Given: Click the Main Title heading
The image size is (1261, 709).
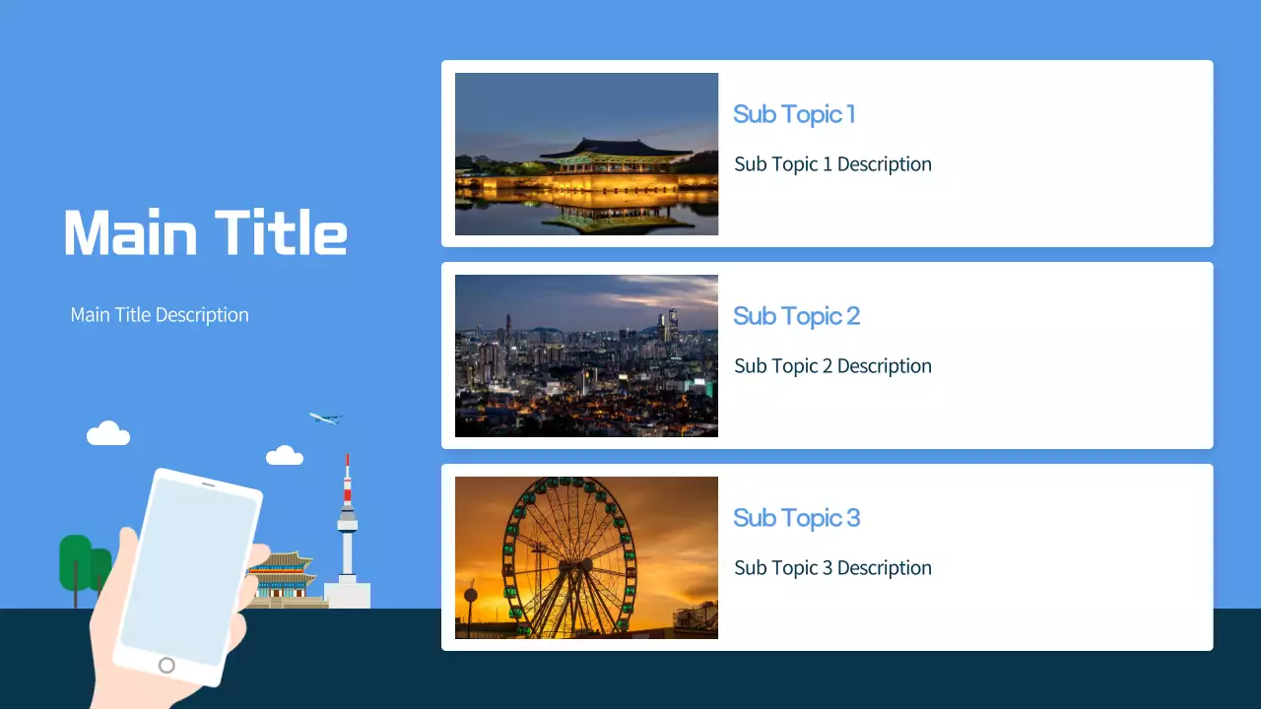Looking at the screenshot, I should tap(205, 233).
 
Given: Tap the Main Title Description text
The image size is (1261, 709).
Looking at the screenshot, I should tap(160, 315).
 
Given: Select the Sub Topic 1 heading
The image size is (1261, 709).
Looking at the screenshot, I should tap(794, 114).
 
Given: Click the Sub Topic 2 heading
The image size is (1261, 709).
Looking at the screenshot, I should tap(796, 316).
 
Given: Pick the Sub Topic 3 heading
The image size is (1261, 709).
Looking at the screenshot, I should tap(796, 518).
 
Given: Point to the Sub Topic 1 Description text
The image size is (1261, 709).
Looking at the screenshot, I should tap(832, 164).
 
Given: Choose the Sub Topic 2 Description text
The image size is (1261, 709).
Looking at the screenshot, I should tap(832, 366).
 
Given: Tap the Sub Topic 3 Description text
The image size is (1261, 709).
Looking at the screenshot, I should tap(832, 568).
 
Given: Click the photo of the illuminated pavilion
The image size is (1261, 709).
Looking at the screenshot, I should tap(586, 154).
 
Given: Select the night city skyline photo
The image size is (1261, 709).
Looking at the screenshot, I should tap(586, 355).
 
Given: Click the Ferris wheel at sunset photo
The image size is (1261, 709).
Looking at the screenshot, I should tap(586, 557).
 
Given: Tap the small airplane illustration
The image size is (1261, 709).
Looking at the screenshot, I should tap(325, 419).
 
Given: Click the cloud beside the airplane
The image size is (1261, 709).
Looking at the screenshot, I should tap(285, 456).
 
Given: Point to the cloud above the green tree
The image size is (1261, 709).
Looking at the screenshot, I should tap(108, 433).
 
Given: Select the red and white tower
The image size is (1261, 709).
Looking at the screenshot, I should tap(347, 522).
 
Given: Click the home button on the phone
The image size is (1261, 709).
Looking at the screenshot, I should tap(166, 666).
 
